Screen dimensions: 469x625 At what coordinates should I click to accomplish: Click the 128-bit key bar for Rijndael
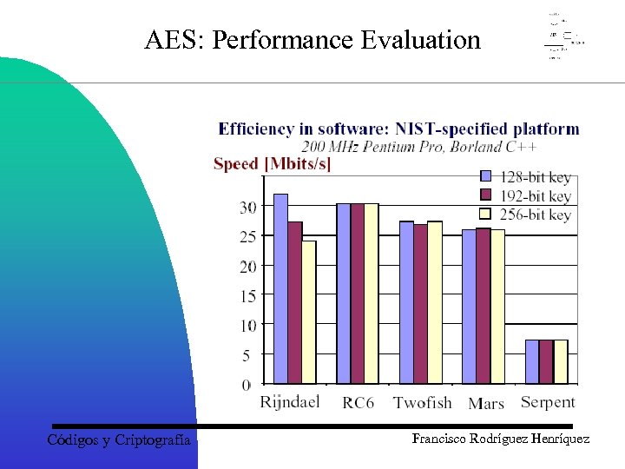(280, 288)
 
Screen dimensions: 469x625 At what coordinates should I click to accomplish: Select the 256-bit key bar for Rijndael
(309, 312)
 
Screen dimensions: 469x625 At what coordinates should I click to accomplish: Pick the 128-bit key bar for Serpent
(532, 361)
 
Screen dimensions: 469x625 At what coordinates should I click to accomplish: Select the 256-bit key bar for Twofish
(435, 302)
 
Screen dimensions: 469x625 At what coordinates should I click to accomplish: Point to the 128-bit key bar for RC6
(344, 294)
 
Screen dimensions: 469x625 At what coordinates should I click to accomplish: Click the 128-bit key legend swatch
(487, 176)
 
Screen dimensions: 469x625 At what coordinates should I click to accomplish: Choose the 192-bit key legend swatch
(487, 195)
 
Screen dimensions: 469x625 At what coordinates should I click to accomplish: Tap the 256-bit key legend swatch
(487, 214)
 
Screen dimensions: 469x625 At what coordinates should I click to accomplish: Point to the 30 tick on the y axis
(248, 207)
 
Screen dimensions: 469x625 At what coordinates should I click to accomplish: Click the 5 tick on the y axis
(247, 354)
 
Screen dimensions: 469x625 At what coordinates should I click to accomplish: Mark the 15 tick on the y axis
(248, 295)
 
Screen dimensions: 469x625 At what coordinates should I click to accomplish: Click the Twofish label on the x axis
(423, 402)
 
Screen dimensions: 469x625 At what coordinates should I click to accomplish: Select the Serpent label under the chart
(548, 402)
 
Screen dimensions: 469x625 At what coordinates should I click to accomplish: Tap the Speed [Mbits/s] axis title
(273, 164)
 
